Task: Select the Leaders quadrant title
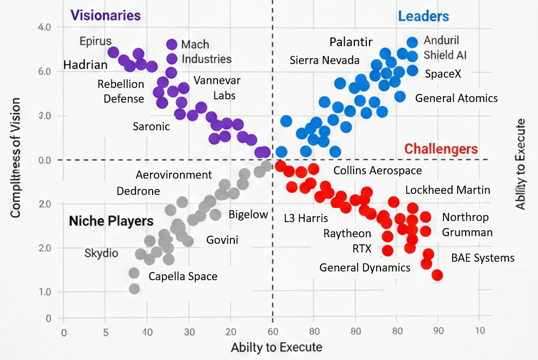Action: pyautogui.click(x=423, y=16)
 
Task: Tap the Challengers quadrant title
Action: pyautogui.click(x=441, y=149)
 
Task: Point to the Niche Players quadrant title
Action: pyautogui.click(x=111, y=221)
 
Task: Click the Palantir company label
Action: pyautogui.click(x=351, y=42)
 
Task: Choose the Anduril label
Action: pyautogui.click(x=441, y=41)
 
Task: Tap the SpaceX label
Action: pyautogui.click(x=443, y=73)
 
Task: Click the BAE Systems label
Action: pyautogui.click(x=483, y=258)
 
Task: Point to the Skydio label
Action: pyautogui.click(x=101, y=253)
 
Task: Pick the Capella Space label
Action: pyautogui.click(x=183, y=276)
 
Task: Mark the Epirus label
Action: pyautogui.click(x=95, y=41)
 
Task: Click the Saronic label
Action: pyautogui.click(x=151, y=127)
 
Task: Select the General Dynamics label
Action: pyautogui.click(x=365, y=267)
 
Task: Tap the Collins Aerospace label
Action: pyautogui.click(x=377, y=170)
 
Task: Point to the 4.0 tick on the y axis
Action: pyautogui.click(x=45, y=27)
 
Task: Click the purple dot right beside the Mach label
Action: pyautogui.click(x=172, y=45)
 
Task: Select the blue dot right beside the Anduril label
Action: pyautogui.click(x=412, y=42)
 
